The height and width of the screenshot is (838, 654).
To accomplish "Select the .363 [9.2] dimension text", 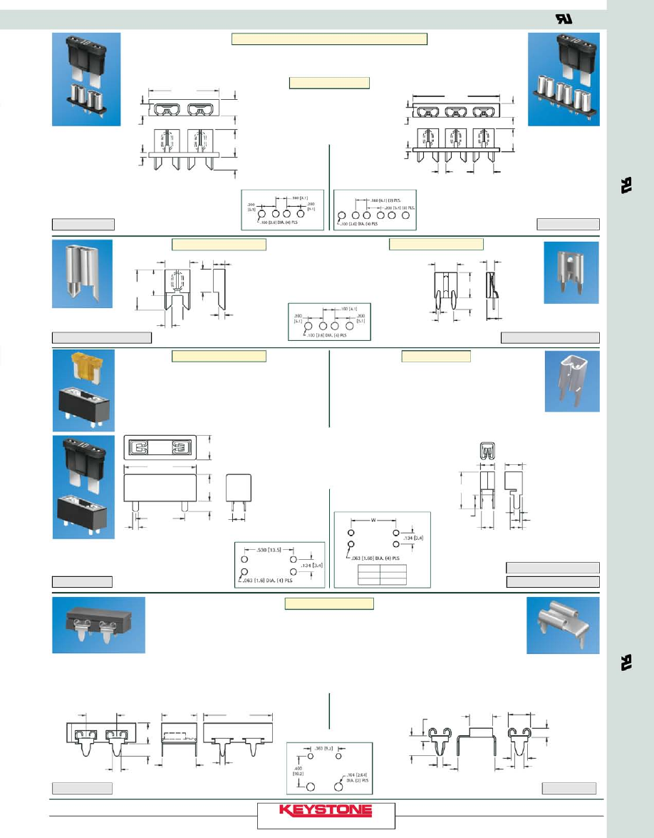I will (325, 748).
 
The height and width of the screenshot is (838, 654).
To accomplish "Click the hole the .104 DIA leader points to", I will (338, 787).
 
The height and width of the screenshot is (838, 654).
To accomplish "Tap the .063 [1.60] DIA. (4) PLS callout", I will (376, 558).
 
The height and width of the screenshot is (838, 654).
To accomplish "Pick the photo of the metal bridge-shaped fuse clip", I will (562, 625).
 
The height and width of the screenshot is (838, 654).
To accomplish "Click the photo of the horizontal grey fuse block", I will (98, 625).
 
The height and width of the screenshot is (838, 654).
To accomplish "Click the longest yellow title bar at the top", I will (329, 39).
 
